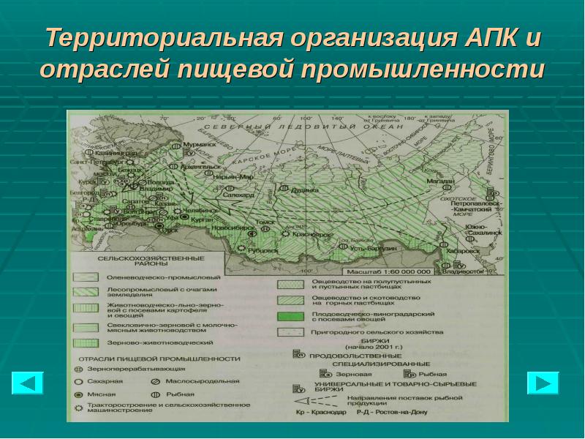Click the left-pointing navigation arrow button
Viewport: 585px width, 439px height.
pos(28,384)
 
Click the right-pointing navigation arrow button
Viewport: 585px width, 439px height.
pos(543,384)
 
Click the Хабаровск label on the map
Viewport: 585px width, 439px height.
pos(463,249)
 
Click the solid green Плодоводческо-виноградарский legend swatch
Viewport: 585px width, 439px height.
pos(292,316)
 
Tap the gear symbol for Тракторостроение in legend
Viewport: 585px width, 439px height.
pos(78,405)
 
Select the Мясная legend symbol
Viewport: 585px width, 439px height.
pos(78,393)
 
